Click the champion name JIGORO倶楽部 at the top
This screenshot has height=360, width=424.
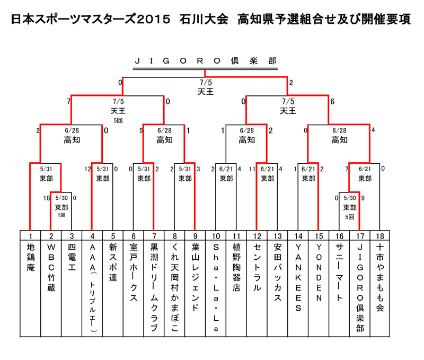point(206,61)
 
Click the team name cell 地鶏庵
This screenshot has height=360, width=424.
point(31,257)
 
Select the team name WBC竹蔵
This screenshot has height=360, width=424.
point(51,268)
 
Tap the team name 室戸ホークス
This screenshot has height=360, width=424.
point(134,273)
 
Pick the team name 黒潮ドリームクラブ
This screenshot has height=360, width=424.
point(154,287)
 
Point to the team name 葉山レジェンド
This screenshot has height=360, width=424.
point(195,277)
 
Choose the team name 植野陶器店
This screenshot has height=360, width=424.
point(236,268)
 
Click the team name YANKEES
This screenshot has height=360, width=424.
point(298,277)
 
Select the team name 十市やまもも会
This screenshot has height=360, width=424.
point(380,277)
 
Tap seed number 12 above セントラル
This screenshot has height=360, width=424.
point(257,236)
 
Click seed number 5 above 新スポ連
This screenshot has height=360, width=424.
point(113,236)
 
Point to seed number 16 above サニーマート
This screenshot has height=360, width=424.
point(339,236)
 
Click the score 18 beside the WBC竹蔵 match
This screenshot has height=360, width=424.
point(47,198)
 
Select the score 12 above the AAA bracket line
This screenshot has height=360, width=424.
point(87,169)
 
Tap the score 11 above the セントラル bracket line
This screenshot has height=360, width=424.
point(252,169)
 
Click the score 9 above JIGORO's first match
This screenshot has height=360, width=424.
point(363,198)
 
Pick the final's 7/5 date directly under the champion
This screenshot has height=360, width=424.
point(206,83)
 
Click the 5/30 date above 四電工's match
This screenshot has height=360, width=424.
point(61,198)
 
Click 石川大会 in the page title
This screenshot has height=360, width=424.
point(204,19)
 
